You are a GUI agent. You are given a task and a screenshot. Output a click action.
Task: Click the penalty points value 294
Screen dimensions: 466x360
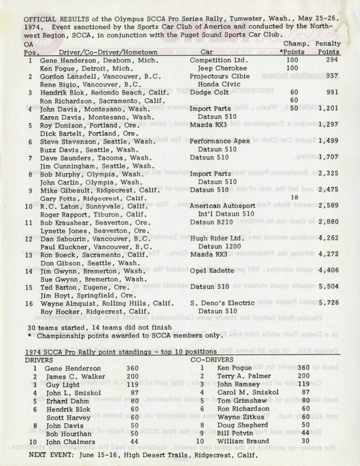(x=332, y=60)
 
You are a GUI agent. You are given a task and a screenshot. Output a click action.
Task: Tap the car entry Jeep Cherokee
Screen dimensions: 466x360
(x=219, y=68)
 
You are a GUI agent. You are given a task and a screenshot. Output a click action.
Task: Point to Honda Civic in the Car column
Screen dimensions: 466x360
(x=219, y=84)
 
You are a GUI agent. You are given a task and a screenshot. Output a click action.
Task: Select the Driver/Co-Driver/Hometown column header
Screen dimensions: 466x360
(x=108, y=52)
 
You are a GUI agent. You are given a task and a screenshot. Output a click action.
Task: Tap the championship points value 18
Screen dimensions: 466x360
(x=295, y=197)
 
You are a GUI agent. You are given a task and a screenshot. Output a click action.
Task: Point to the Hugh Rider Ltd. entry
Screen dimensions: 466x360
(x=216, y=239)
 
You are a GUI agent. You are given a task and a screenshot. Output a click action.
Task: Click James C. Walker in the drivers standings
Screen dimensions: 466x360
(x=70, y=376)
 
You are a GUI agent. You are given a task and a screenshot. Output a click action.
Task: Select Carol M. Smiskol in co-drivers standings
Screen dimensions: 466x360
(x=248, y=392)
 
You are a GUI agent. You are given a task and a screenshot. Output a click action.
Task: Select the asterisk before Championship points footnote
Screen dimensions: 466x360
(x=30, y=336)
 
